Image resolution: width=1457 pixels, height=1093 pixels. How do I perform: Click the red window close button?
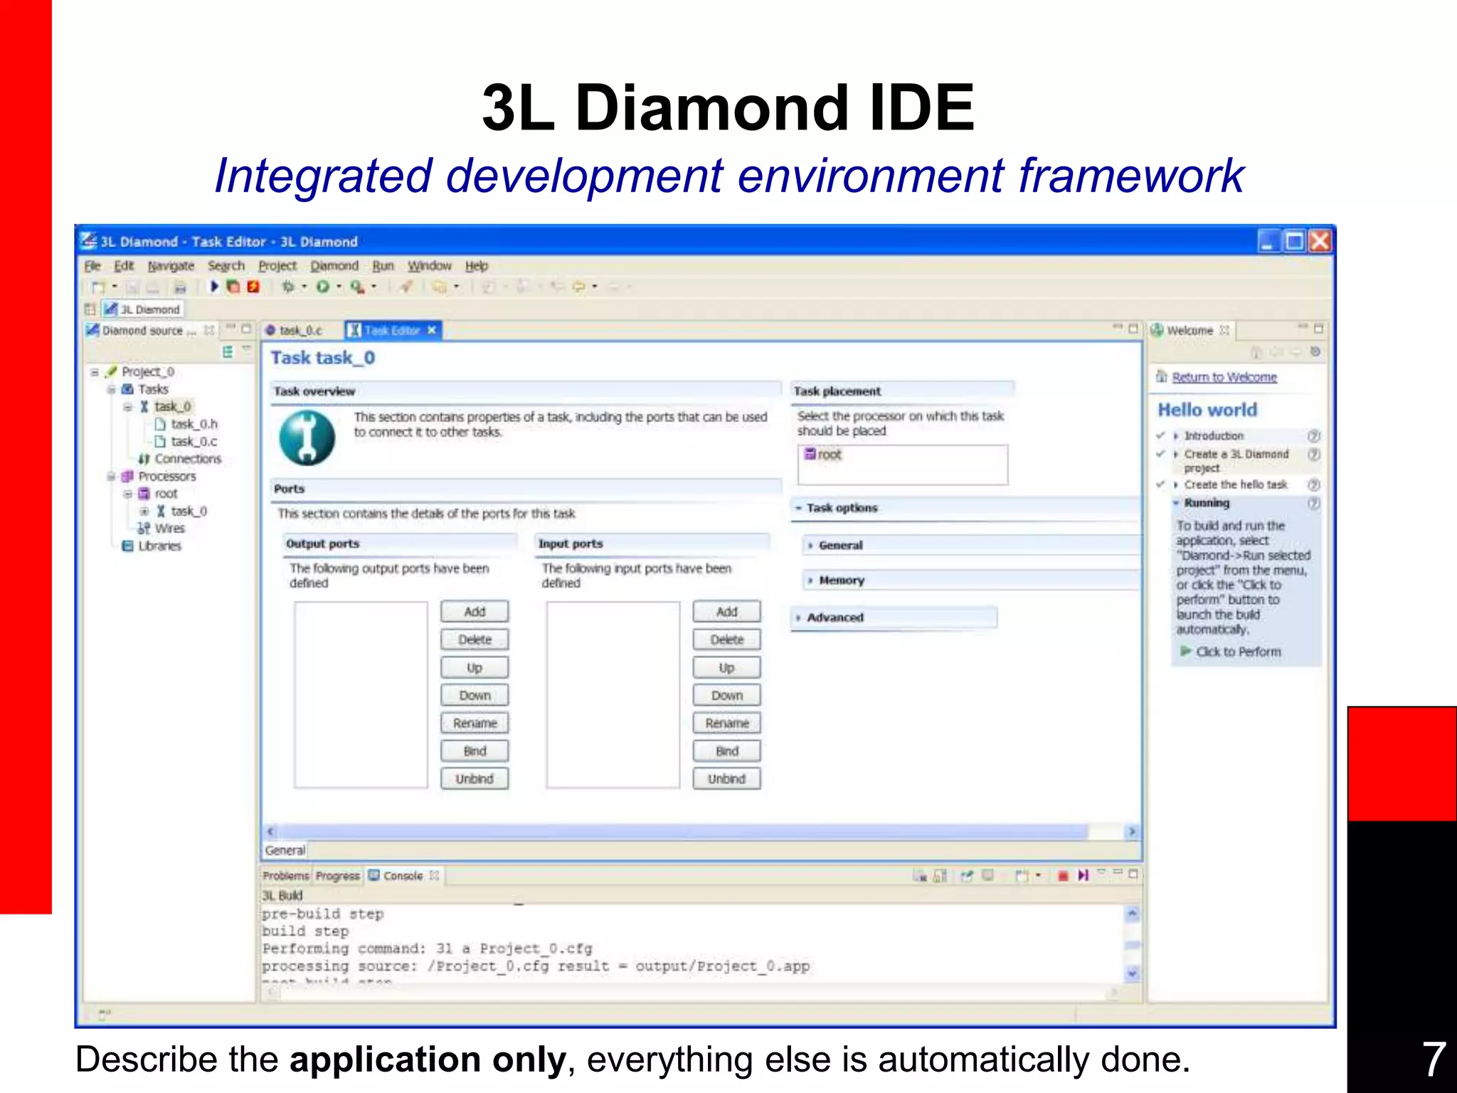tap(1320, 242)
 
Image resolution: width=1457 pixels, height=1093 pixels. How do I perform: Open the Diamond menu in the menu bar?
tap(334, 266)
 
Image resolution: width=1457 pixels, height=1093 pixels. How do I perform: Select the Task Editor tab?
tap(392, 331)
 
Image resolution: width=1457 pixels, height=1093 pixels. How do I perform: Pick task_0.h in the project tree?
tap(194, 424)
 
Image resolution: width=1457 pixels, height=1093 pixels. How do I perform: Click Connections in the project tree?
tap(187, 459)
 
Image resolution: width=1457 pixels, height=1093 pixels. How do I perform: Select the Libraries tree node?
tap(159, 546)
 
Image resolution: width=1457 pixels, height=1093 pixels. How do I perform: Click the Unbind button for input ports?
tap(726, 779)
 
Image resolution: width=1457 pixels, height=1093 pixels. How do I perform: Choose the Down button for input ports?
tap(726, 695)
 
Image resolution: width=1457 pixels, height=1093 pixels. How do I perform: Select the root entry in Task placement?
tap(829, 455)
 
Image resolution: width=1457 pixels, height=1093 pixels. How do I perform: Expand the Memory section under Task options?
tap(841, 581)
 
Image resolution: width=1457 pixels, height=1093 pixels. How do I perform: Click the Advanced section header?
tap(835, 618)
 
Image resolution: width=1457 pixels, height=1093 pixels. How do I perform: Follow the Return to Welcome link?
tap(1224, 377)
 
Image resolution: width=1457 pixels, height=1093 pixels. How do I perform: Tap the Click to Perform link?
tap(1238, 652)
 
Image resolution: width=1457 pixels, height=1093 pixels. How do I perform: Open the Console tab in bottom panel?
tap(402, 876)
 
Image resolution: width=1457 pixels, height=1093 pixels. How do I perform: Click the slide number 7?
tap(1433, 1059)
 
